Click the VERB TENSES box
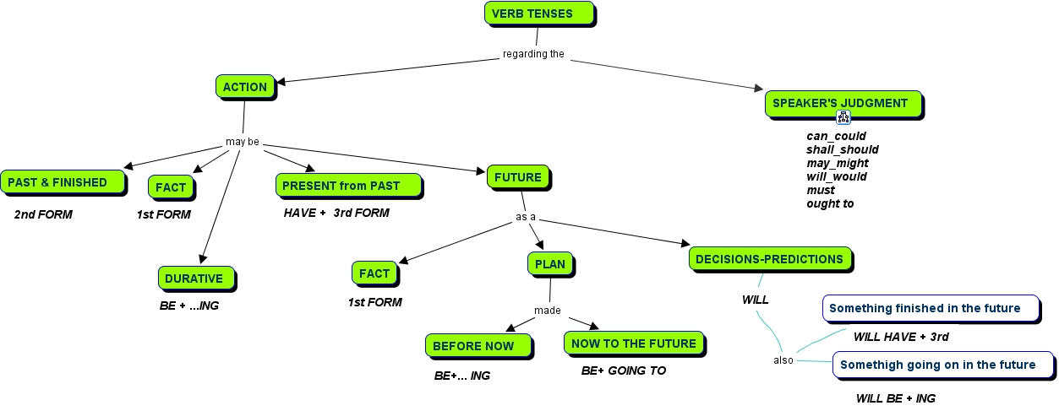[x=538, y=14]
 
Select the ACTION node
[x=245, y=87]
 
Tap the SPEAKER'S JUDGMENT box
[x=842, y=104]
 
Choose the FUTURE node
[x=518, y=177]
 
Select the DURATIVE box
[x=194, y=279]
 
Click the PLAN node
[x=550, y=264]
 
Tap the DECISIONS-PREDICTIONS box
[x=770, y=259]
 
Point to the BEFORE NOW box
[x=478, y=346]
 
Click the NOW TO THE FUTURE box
[x=633, y=343]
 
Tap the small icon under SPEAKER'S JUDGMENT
[x=843, y=117]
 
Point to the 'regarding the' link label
[x=533, y=55]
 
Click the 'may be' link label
[x=243, y=142]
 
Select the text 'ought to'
[x=830, y=203]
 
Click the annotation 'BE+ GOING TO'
[x=624, y=370]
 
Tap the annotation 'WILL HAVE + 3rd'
[x=901, y=337]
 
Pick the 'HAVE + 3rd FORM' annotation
[x=336, y=213]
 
